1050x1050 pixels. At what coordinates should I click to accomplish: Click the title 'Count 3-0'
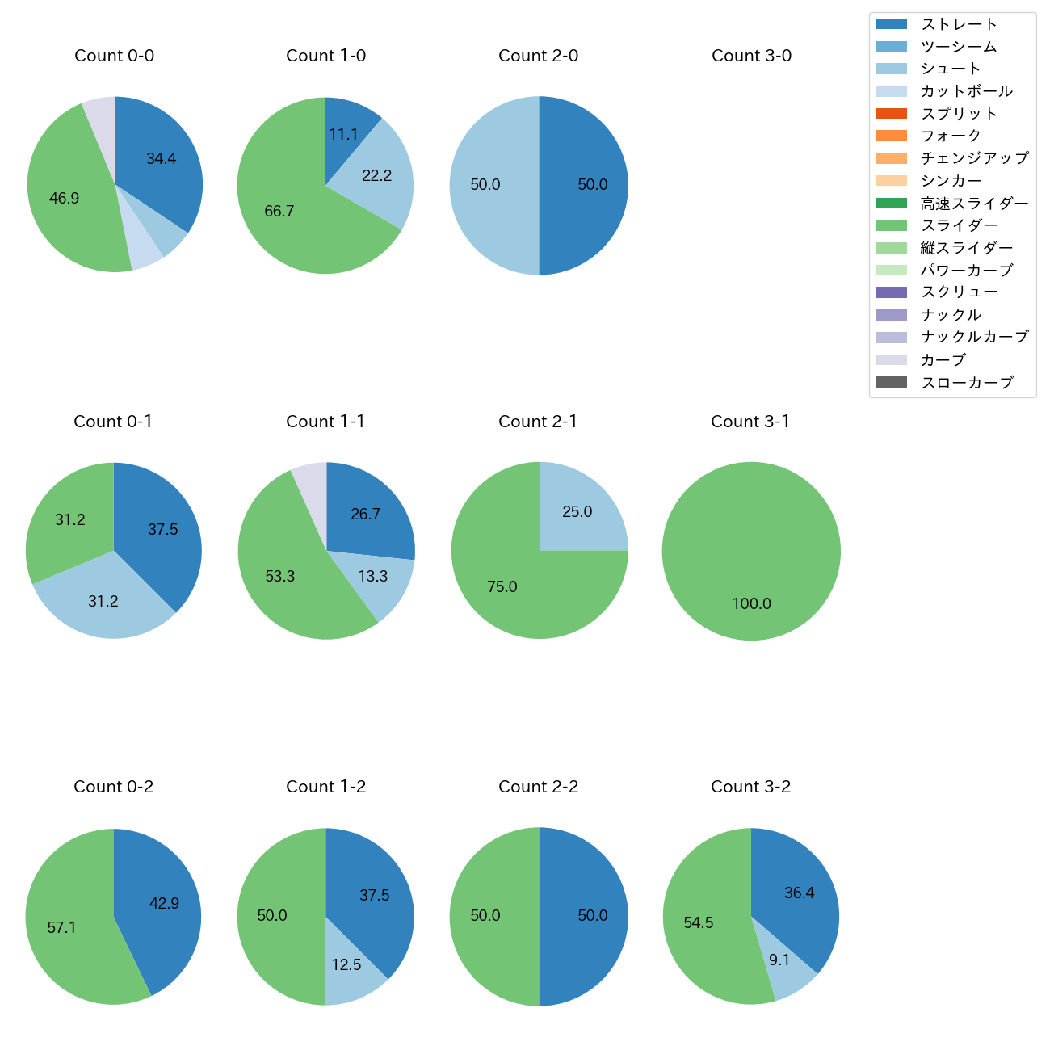[751, 56]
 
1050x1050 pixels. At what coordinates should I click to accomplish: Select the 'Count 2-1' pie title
[538, 422]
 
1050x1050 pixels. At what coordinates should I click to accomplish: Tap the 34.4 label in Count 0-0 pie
[162, 159]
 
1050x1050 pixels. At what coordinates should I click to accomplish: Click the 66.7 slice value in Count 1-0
[279, 212]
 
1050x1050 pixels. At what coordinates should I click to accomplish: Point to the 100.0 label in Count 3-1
[751, 604]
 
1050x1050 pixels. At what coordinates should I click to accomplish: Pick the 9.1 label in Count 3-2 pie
[779, 960]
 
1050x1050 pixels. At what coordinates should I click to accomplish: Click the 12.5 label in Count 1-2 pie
[346, 965]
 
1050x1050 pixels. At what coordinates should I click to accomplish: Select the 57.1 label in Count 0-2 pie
[61, 928]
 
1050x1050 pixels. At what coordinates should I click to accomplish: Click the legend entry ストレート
[959, 24]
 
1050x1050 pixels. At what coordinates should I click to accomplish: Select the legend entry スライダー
[959, 225]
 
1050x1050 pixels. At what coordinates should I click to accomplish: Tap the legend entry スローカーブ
[967, 383]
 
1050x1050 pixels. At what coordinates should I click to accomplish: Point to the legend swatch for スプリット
[891, 114]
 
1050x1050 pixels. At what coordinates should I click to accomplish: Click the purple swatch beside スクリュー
[891, 292]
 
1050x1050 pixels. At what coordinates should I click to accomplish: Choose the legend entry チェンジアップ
[974, 158]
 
